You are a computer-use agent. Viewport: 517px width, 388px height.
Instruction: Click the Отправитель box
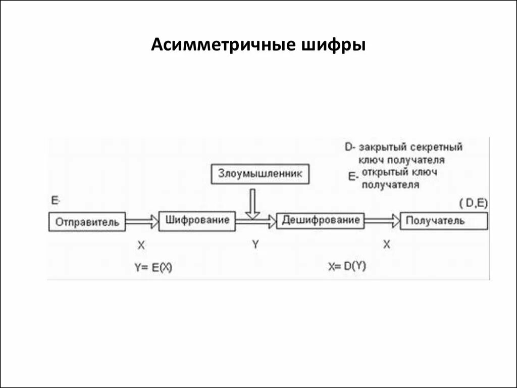(x=87, y=222)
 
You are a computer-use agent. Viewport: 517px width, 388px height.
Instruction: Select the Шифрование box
(x=197, y=221)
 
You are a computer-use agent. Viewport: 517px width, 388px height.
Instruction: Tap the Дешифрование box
(x=321, y=220)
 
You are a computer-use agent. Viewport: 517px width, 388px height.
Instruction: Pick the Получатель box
(x=444, y=221)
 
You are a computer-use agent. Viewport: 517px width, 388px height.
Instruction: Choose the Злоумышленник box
(x=259, y=174)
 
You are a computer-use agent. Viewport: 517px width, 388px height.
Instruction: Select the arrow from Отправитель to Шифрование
(x=142, y=221)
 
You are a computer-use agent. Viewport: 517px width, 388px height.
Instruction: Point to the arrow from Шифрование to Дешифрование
(x=256, y=220)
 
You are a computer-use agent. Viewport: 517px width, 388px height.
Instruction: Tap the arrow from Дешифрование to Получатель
(x=382, y=220)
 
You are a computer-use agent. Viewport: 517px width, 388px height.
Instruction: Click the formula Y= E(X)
(x=153, y=268)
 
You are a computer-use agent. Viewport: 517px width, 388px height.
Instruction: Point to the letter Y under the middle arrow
(x=255, y=245)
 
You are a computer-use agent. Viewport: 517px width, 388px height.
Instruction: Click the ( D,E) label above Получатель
(x=473, y=203)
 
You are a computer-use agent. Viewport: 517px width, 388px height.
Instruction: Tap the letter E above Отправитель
(x=55, y=201)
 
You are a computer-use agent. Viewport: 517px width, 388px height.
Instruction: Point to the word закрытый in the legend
(x=384, y=148)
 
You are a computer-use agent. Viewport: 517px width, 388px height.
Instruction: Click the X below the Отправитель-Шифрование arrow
(x=141, y=245)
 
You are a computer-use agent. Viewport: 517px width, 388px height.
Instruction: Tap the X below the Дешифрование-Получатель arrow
(x=386, y=245)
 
